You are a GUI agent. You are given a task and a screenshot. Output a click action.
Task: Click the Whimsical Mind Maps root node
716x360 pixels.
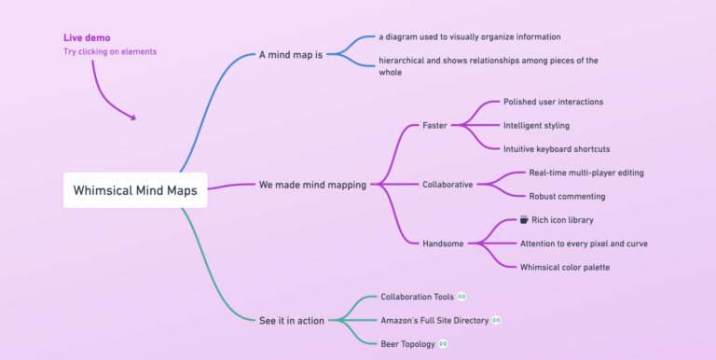pyautogui.click(x=136, y=189)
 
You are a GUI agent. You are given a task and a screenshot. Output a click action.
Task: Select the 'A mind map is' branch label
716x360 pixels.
pyautogui.click(x=290, y=55)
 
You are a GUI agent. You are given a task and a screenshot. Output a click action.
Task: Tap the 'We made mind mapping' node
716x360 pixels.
pyautogui.click(x=312, y=185)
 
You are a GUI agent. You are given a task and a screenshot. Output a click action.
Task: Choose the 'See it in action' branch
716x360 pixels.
pyautogui.click(x=292, y=321)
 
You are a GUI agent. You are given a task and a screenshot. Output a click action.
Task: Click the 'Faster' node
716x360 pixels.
pyautogui.click(x=434, y=125)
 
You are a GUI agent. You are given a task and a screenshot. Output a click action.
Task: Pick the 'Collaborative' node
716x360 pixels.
pyautogui.click(x=447, y=185)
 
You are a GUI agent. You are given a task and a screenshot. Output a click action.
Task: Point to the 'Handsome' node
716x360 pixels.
pyautogui.click(x=443, y=244)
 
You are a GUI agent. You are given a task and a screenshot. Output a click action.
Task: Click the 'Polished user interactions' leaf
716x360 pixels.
pyautogui.click(x=553, y=102)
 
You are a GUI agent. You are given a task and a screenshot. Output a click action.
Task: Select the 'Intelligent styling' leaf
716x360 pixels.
pyautogui.click(x=536, y=125)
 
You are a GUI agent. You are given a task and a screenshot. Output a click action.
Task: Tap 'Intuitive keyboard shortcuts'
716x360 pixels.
pyautogui.click(x=557, y=149)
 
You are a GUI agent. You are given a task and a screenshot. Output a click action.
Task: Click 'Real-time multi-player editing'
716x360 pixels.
pyautogui.click(x=586, y=173)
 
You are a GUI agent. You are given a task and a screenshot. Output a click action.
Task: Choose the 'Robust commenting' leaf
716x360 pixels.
pyautogui.click(x=567, y=197)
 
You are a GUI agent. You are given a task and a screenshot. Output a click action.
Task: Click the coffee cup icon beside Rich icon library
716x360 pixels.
pyautogui.click(x=524, y=220)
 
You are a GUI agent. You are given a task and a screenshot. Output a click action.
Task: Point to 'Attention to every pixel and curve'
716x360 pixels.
pyautogui.click(x=584, y=244)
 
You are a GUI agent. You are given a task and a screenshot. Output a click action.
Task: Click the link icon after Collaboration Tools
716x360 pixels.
pyautogui.click(x=462, y=297)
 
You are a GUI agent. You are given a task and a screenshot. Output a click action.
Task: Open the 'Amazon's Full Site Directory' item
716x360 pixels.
pyautogui.click(x=435, y=321)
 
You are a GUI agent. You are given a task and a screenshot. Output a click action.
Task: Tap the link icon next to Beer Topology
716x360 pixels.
pyautogui.click(x=443, y=344)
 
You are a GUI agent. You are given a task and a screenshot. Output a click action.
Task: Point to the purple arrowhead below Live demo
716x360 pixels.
pyautogui.click(x=133, y=118)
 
